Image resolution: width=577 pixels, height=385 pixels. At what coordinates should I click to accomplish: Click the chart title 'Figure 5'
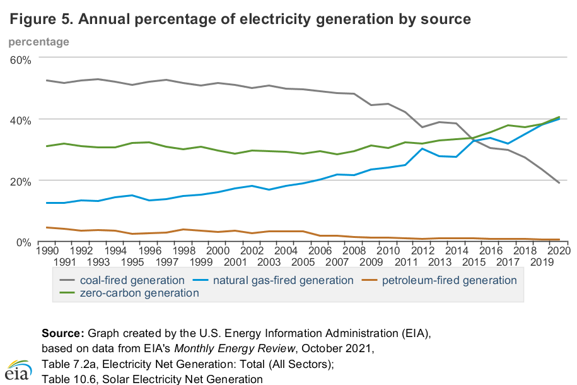click(x=240, y=19)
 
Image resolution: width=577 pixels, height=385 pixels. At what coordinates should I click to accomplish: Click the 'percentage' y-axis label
click(x=38, y=42)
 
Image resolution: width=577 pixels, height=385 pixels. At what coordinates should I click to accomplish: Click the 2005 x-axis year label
click(x=304, y=261)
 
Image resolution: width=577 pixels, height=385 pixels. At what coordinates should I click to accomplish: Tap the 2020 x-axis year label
click(x=559, y=251)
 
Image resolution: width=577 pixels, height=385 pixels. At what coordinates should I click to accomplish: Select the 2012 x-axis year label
click(x=422, y=251)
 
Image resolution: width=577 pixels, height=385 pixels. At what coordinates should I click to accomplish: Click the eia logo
click(x=18, y=370)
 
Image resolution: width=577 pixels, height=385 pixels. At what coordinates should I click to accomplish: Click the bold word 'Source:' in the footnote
click(x=63, y=333)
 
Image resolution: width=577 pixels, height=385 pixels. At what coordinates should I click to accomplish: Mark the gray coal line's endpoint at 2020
click(x=559, y=183)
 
